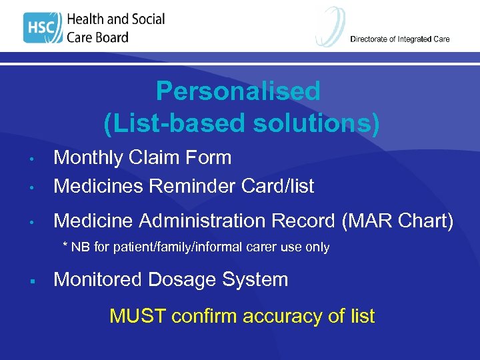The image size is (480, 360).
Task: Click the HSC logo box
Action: pyautogui.click(x=43, y=28)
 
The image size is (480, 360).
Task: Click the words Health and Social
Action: pyautogui.click(x=115, y=19)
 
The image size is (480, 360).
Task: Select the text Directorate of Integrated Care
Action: pyautogui.click(x=399, y=39)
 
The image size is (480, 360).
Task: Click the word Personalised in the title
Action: pyautogui.click(x=238, y=91)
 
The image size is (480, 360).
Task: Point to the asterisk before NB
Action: pyautogui.click(x=65, y=246)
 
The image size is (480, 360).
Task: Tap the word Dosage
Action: pyautogui.click(x=180, y=279)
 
